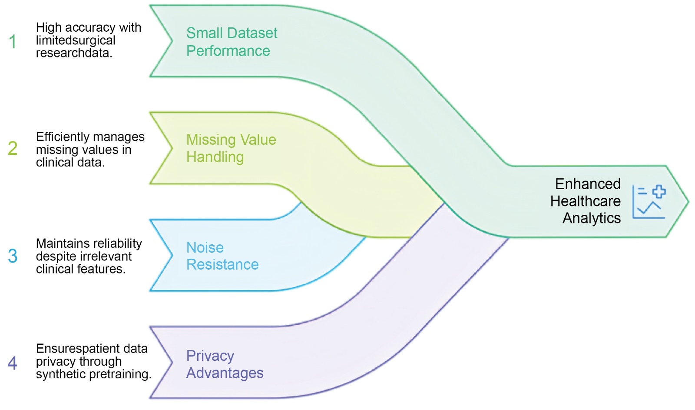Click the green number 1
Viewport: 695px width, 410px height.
point(13,42)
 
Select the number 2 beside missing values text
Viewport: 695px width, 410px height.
point(13,148)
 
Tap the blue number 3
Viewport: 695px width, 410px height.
point(13,256)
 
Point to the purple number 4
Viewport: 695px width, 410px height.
point(13,363)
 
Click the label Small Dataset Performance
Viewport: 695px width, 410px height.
point(232,42)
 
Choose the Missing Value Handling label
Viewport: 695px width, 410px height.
point(231,148)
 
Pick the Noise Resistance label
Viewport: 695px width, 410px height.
point(222,256)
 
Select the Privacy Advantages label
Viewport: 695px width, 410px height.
point(225,364)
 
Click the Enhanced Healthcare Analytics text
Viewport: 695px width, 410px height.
point(587,201)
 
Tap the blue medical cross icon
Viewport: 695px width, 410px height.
point(659,191)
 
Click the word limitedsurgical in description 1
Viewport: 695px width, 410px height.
point(76,40)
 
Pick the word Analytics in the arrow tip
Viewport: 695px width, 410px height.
point(592,218)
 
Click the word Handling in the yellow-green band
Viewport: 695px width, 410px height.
point(215,157)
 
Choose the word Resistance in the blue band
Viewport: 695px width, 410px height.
point(222,264)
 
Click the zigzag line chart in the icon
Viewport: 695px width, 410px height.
point(649,208)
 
